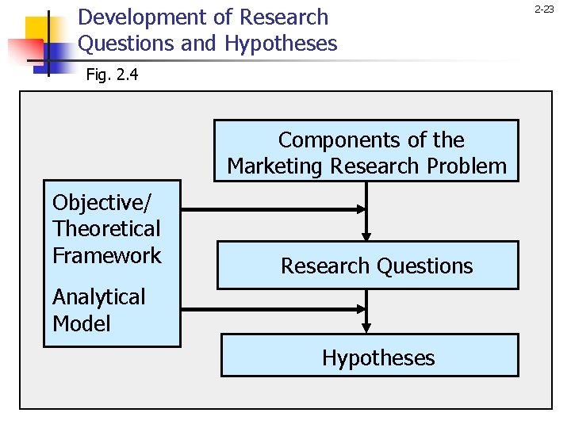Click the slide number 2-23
pos(544,10)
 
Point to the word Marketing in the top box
pos(276,166)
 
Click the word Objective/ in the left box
pos(101,203)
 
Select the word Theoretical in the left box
pos(106,229)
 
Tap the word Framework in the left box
pos(106,255)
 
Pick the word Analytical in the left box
pos(99,297)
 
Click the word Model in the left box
pos(81,323)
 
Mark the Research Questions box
pos(368,266)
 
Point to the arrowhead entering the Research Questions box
pos(366,235)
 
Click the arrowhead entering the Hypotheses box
pos(366,327)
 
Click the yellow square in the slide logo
pos(40,32)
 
